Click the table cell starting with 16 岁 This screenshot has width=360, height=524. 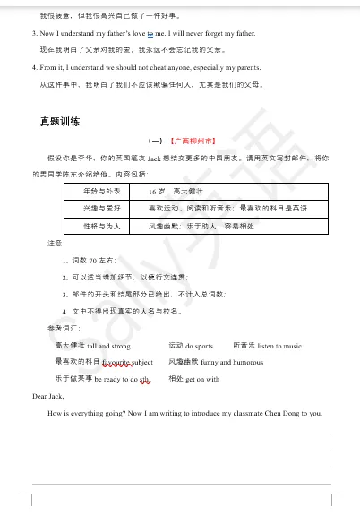click(x=179, y=192)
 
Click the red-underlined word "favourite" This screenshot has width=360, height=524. click(x=116, y=362)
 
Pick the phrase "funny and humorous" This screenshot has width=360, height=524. click(x=220, y=362)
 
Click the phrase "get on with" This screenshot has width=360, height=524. click(x=203, y=379)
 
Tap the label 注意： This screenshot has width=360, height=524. click(x=56, y=244)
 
